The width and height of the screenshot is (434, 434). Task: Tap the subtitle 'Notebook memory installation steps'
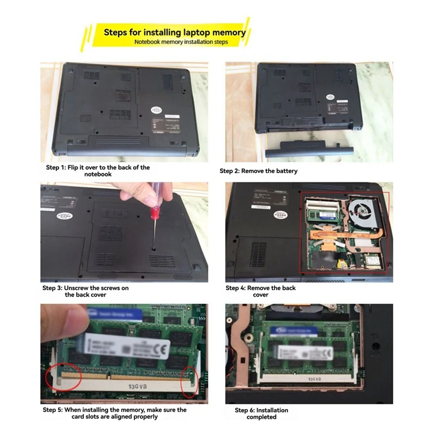181,42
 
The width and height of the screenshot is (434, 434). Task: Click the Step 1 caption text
98,171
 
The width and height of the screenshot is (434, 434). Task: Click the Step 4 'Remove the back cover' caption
260,291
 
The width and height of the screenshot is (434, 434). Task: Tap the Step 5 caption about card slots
114,413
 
